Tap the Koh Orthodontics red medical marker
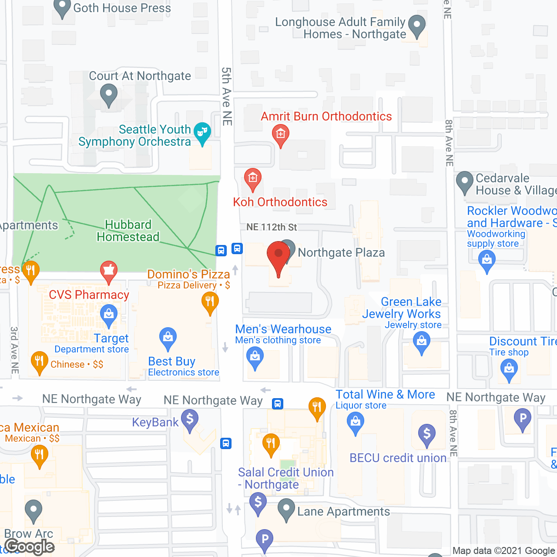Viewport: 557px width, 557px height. [252, 178]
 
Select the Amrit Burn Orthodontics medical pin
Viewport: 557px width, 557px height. [281, 134]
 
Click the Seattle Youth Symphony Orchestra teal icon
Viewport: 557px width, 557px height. [202, 132]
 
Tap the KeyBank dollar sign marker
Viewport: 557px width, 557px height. [190, 420]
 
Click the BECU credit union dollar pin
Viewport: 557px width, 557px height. [427, 434]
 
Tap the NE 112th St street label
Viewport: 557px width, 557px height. [272, 227]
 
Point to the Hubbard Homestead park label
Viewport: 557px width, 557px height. [128, 231]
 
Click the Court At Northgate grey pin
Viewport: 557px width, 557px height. [109, 95]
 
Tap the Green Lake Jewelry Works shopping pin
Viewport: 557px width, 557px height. [421, 342]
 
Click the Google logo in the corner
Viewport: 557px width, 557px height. [30, 547]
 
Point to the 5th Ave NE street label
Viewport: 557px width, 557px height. [227, 96]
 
